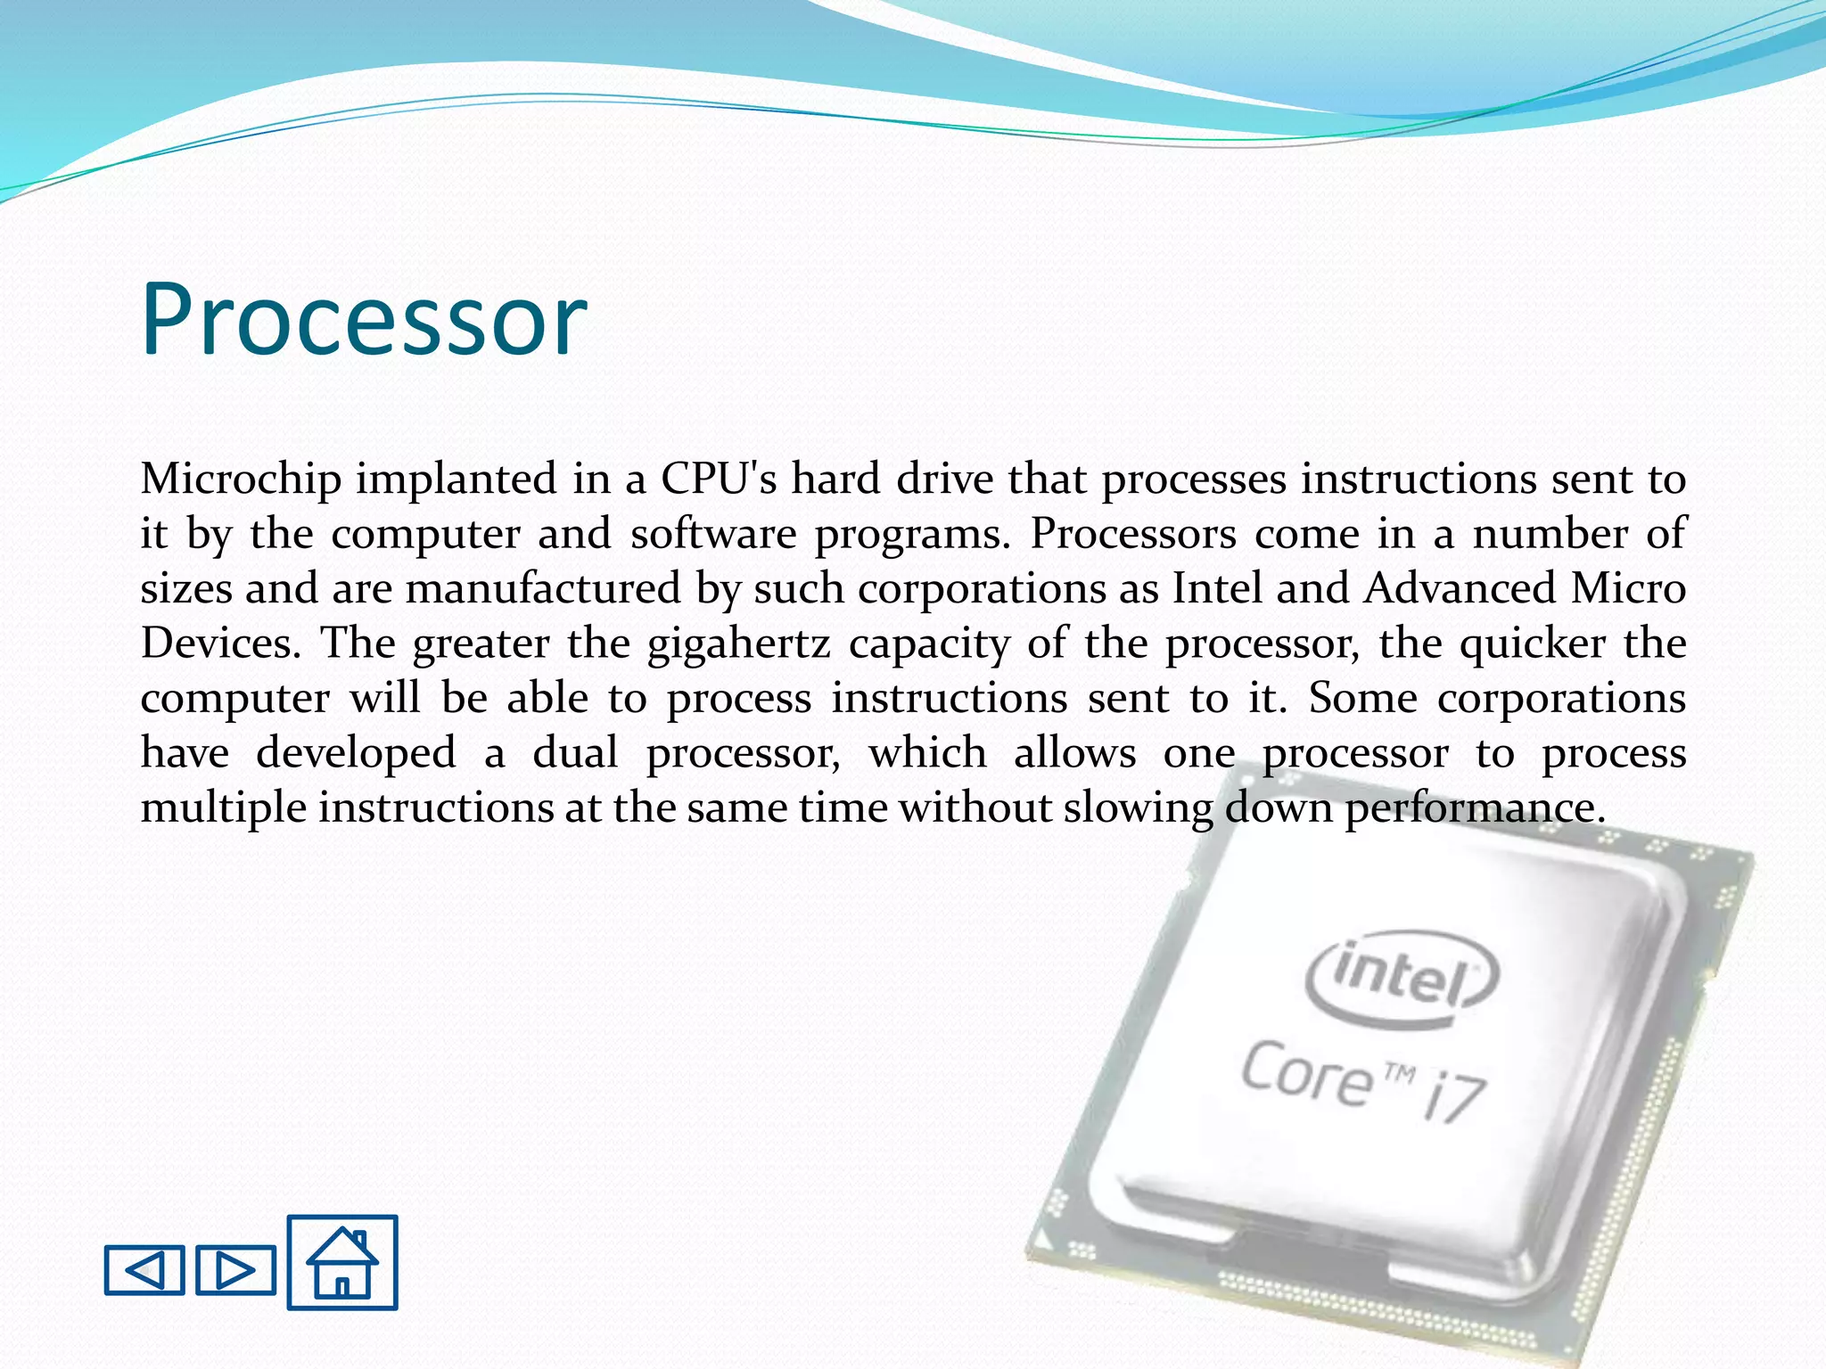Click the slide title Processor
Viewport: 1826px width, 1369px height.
pyautogui.click(x=364, y=319)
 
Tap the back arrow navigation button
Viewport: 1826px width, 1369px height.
pyautogui.click(x=144, y=1269)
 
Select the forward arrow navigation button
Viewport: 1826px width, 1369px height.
pyautogui.click(x=235, y=1269)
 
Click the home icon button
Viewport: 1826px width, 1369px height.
pyautogui.click(x=342, y=1262)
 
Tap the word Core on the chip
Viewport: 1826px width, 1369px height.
pyautogui.click(x=1307, y=1075)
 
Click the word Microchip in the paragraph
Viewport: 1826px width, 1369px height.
pyautogui.click(x=241, y=480)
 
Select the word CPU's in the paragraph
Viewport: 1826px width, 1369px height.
pyautogui.click(x=719, y=480)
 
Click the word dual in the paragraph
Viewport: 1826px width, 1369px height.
pyautogui.click(x=575, y=753)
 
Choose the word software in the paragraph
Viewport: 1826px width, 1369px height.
pyautogui.click(x=712, y=535)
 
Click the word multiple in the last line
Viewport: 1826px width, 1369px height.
pyautogui.click(x=223, y=808)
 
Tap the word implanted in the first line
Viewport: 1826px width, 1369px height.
pyautogui.click(x=456, y=480)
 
